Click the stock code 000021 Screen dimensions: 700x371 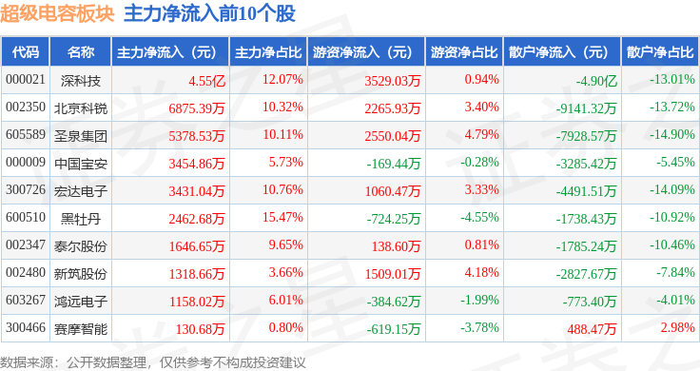coord(26,80)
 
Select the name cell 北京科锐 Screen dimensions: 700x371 coord(81,108)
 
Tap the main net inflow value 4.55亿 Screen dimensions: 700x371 coord(206,81)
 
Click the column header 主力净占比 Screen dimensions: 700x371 coord(268,52)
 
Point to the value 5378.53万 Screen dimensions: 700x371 coord(197,136)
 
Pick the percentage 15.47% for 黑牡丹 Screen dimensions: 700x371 coord(282,218)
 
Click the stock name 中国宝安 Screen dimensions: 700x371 coord(81,164)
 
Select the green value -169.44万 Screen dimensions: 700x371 coord(394,164)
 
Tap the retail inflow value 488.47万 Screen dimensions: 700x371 coord(592,329)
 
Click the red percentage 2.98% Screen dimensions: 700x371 coord(678,327)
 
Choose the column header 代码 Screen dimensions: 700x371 coord(26,52)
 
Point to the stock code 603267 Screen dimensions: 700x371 coord(26,300)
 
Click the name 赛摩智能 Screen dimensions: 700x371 coord(81,329)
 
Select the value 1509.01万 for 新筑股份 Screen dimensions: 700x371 coord(393,274)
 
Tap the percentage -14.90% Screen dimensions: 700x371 coord(671,135)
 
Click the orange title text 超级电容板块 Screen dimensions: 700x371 coord(57,13)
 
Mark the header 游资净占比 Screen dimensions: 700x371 coord(464,52)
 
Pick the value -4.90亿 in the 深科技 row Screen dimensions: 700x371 coord(596,81)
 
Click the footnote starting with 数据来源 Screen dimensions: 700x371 coord(153,362)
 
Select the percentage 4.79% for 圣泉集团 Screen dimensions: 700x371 coord(481,135)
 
